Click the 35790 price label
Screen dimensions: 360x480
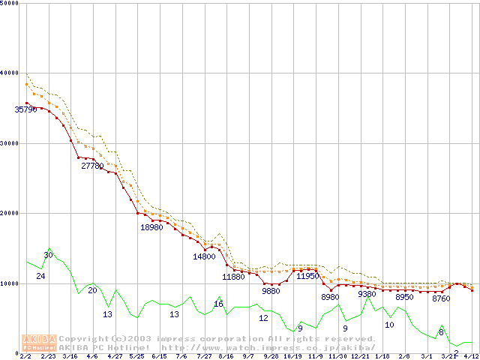[25, 109]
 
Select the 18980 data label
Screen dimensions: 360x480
[151, 227]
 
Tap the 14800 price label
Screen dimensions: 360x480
[204, 256]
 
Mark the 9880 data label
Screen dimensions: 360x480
[271, 290]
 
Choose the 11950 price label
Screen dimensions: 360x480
[307, 276]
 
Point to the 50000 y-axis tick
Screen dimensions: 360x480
[10, 3]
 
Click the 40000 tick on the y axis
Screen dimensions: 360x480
[10, 73]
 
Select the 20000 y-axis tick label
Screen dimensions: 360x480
[10, 213]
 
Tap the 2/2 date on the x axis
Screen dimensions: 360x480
[25, 356]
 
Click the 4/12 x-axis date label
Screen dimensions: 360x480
[471, 356]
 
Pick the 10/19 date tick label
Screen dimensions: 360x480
[292, 356]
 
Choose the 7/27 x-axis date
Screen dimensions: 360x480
[204, 356]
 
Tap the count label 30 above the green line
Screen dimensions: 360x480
[48, 255]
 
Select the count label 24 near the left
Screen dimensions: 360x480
[40, 277]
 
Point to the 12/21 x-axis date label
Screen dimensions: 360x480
[360, 356]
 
